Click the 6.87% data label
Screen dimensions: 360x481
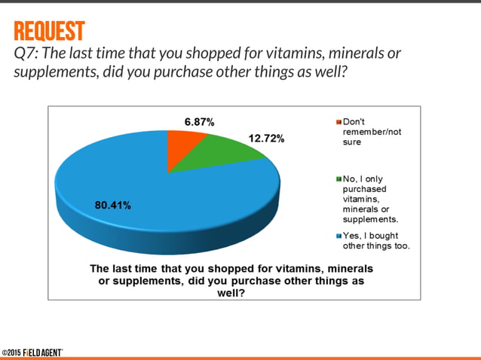pyautogui.click(x=201, y=121)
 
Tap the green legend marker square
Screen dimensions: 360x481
pyautogui.click(x=339, y=179)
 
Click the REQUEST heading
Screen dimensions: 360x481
pyautogui.click(x=48, y=32)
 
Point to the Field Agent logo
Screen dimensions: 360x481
pyautogui.click(x=42, y=352)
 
